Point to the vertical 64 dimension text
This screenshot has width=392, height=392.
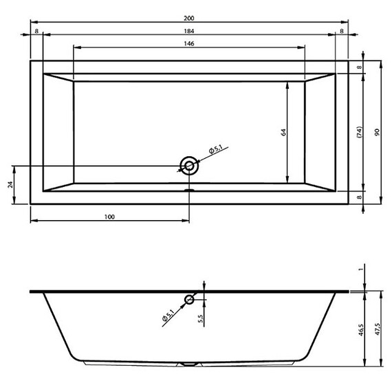(x=283, y=132)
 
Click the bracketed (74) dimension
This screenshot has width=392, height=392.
(x=360, y=132)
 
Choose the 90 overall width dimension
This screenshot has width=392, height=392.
(x=376, y=132)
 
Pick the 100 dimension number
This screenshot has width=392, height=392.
(x=109, y=217)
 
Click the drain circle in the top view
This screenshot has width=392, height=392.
(x=188, y=165)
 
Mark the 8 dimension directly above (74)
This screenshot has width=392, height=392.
(x=360, y=67)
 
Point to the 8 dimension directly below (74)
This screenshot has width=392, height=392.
(x=360, y=197)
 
